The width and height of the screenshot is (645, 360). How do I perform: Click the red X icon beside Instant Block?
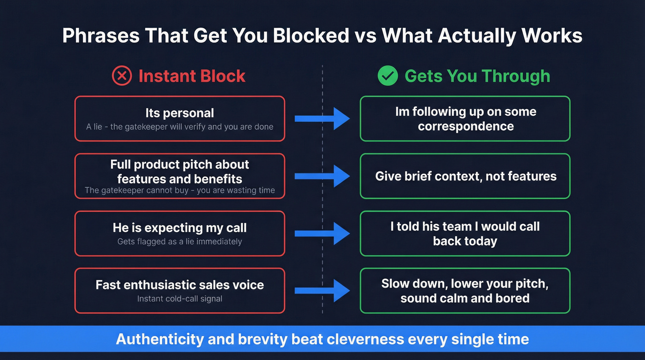(x=122, y=76)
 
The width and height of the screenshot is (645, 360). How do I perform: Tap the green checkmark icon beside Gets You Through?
(x=387, y=76)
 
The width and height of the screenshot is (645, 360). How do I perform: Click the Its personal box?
(x=180, y=118)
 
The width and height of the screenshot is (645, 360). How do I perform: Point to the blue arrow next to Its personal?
(x=322, y=118)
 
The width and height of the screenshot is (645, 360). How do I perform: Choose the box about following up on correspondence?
(x=465, y=118)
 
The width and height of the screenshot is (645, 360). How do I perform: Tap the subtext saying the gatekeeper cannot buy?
(x=180, y=190)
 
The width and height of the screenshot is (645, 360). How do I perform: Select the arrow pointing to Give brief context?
(x=322, y=176)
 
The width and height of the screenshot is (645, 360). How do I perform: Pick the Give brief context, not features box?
(x=465, y=176)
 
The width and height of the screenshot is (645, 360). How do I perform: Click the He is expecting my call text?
(x=180, y=228)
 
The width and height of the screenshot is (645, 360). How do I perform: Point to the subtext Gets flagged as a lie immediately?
(x=180, y=241)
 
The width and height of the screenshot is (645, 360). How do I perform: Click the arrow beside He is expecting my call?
(x=322, y=233)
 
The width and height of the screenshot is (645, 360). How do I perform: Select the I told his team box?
(x=465, y=233)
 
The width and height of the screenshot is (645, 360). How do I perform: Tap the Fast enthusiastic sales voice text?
(x=180, y=285)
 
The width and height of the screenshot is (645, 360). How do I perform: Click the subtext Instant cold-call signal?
(x=180, y=299)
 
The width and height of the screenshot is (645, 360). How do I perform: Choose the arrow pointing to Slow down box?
(x=322, y=290)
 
